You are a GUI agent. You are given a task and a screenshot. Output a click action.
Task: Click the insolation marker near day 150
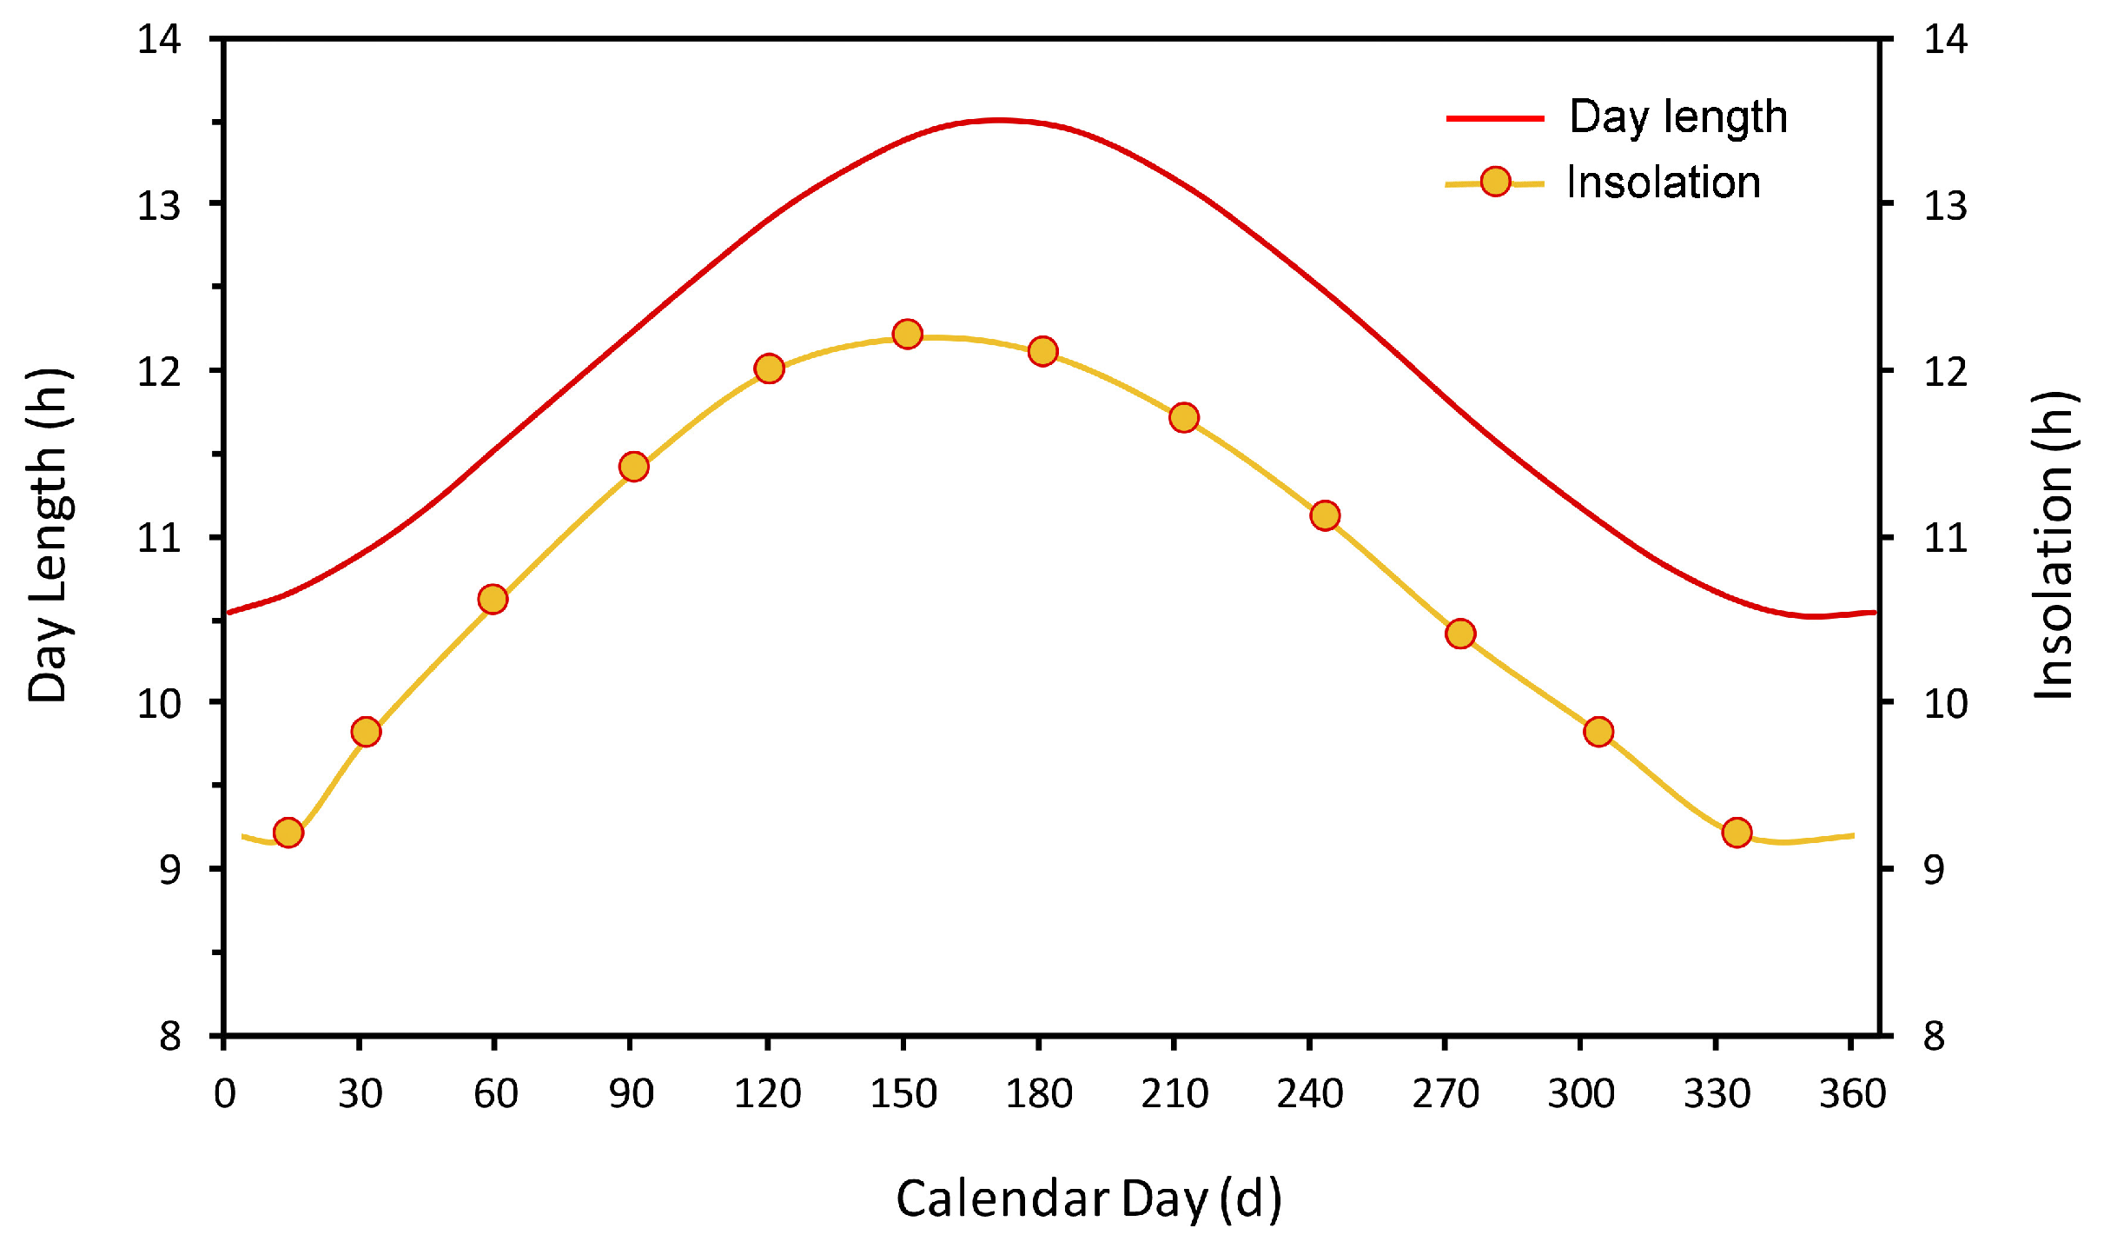tap(907, 334)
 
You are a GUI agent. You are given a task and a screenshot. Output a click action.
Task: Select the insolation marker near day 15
tap(288, 833)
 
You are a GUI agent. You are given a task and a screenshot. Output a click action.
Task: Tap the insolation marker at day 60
tap(493, 599)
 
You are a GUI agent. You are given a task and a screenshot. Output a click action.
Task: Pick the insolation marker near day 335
tap(1737, 833)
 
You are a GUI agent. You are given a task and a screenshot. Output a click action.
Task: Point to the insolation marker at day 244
tap(1325, 515)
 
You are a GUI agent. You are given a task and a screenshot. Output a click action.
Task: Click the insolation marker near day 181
tap(1042, 351)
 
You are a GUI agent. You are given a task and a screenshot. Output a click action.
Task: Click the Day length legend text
tap(1678, 117)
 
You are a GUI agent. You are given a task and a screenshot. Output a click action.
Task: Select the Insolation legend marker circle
tap(1495, 182)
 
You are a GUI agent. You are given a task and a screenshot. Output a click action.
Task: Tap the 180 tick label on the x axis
tap(1039, 1093)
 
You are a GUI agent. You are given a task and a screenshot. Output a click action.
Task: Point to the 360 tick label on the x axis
tap(1852, 1093)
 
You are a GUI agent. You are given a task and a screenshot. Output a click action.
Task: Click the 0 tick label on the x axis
tap(224, 1093)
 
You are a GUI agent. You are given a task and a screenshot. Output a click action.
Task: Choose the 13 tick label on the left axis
tap(159, 206)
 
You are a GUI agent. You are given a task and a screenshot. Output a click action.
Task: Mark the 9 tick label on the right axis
tap(1934, 869)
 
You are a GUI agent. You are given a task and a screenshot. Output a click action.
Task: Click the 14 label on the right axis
tap(1945, 40)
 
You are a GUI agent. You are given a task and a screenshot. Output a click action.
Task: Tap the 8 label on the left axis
tap(169, 1036)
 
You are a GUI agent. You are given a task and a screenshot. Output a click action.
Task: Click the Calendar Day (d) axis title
tap(1088, 1199)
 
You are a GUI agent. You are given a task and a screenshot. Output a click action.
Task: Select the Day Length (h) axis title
tap(49, 534)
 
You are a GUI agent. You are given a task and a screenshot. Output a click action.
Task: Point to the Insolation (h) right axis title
tap(2054, 545)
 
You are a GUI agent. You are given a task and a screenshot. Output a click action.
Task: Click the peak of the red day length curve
tap(999, 120)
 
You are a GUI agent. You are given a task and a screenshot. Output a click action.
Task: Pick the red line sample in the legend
tap(1494, 118)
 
